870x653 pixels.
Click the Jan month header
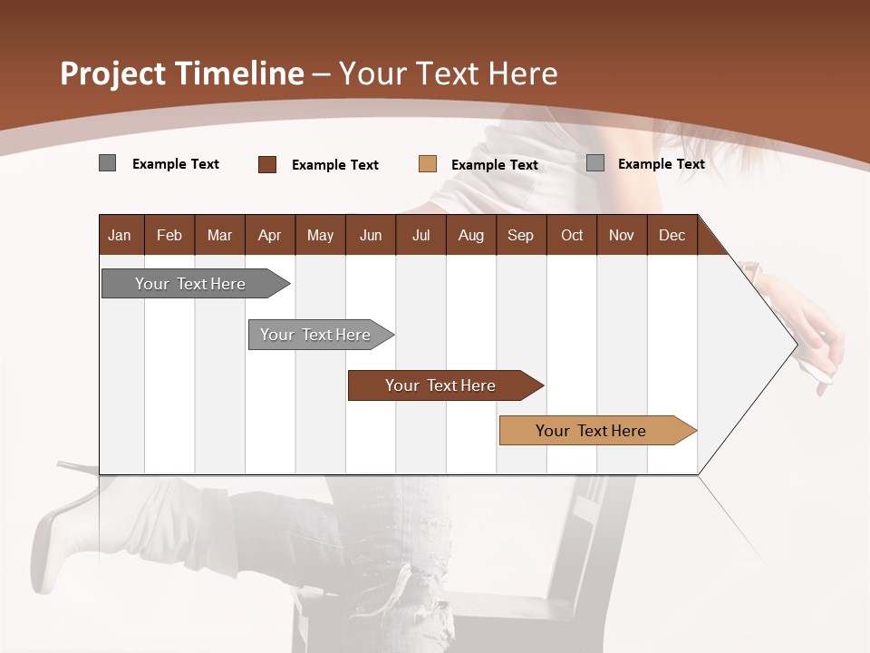[x=120, y=235]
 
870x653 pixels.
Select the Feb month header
[x=169, y=235]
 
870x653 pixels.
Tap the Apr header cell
[x=269, y=235]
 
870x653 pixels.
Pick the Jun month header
[x=371, y=235]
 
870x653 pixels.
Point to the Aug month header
[x=470, y=235]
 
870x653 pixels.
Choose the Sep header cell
[x=520, y=235]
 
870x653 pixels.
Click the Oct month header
[x=572, y=235]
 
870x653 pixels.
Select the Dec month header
[x=672, y=235]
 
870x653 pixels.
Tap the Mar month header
[x=219, y=235]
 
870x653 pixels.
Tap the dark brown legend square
[x=267, y=164]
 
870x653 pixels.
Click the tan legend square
[x=428, y=164]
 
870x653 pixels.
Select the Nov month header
[x=622, y=235]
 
